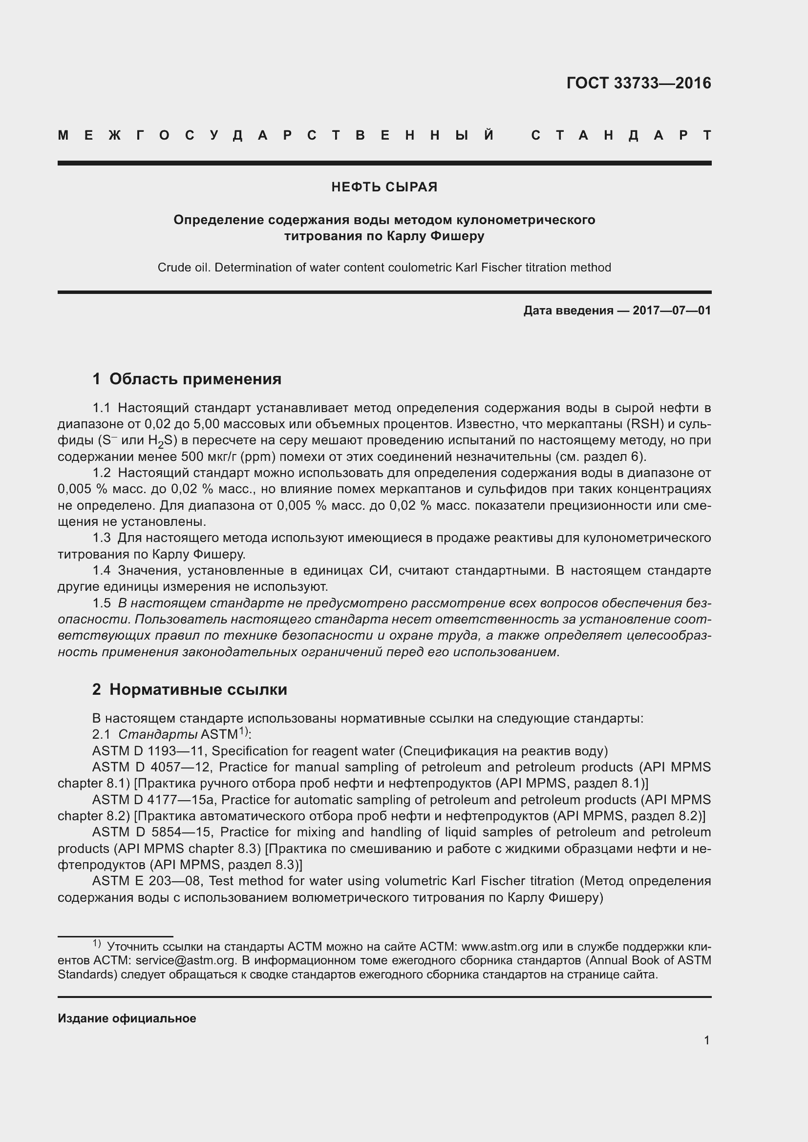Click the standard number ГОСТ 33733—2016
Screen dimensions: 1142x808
pyautogui.click(x=639, y=83)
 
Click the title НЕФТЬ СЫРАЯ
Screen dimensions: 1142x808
pyautogui.click(x=384, y=187)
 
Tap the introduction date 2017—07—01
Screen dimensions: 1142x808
pyautogui.click(x=672, y=311)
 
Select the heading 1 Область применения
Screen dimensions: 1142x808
pyautogui.click(x=187, y=379)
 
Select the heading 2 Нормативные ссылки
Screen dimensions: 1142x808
pyautogui.click(x=190, y=689)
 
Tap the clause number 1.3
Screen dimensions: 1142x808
pyautogui.click(x=102, y=538)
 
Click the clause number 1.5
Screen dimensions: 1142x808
pyautogui.click(x=102, y=603)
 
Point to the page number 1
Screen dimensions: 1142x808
pyautogui.click(x=707, y=1040)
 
